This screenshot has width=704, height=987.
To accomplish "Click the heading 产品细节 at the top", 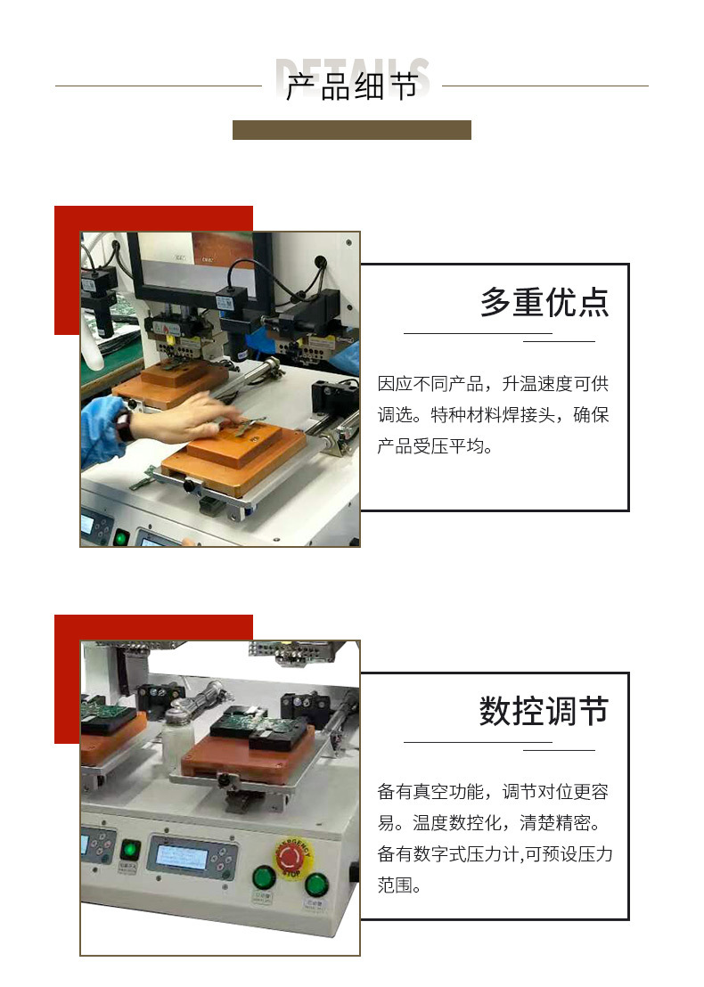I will click(x=351, y=87).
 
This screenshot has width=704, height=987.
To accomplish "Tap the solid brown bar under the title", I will click(x=351, y=130).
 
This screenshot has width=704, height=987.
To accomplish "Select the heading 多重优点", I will click(x=544, y=303).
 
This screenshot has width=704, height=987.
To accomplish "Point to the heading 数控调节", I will click(x=544, y=712).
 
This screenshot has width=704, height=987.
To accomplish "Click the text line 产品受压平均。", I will click(x=435, y=446).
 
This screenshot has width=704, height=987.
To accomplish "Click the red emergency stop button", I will click(x=292, y=857).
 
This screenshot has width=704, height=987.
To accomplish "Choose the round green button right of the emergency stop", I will click(x=316, y=885).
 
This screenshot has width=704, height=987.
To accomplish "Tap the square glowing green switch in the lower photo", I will click(x=131, y=850).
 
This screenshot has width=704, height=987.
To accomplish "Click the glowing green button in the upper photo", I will click(x=120, y=536).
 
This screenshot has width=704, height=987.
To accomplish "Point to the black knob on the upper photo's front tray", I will click(x=188, y=485).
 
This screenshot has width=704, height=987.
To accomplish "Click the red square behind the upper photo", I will click(x=68, y=267).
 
